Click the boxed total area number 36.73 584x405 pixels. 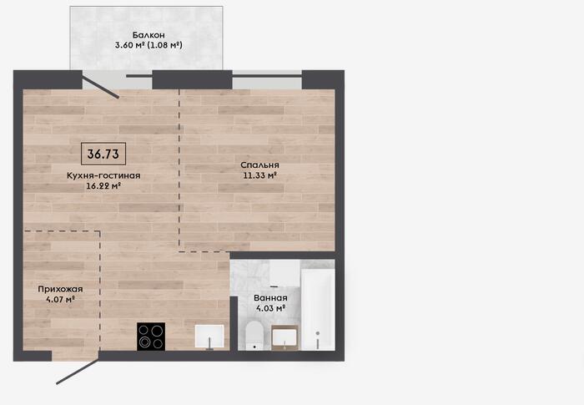(x=103, y=154)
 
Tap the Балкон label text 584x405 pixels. (x=149, y=35)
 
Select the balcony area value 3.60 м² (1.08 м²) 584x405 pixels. (x=149, y=45)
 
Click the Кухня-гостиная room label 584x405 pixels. (x=103, y=175)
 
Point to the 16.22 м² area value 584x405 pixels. (x=103, y=185)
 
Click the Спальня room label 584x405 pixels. (x=259, y=165)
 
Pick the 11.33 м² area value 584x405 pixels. (x=259, y=175)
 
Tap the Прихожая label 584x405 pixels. (x=60, y=289)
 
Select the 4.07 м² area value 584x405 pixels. (x=60, y=299)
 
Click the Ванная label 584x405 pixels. (x=270, y=298)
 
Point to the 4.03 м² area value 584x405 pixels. (x=270, y=308)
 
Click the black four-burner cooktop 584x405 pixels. (x=151, y=337)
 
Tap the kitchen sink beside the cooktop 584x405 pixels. (x=209, y=337)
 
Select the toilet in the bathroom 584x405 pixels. (x=254, y=335)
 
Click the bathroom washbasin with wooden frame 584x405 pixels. (x=285, y=338)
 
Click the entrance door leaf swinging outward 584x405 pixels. (x=78, y=372)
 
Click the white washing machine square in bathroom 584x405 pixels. (x=284, y=273)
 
